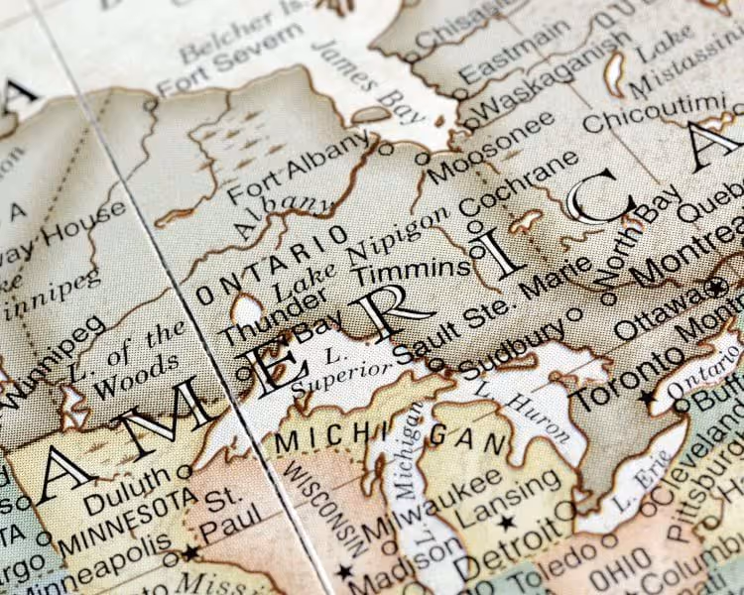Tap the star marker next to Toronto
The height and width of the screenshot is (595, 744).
[647, 398]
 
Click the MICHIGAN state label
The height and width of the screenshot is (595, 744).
[377, 437]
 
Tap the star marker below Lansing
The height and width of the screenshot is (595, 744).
[508, 522]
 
